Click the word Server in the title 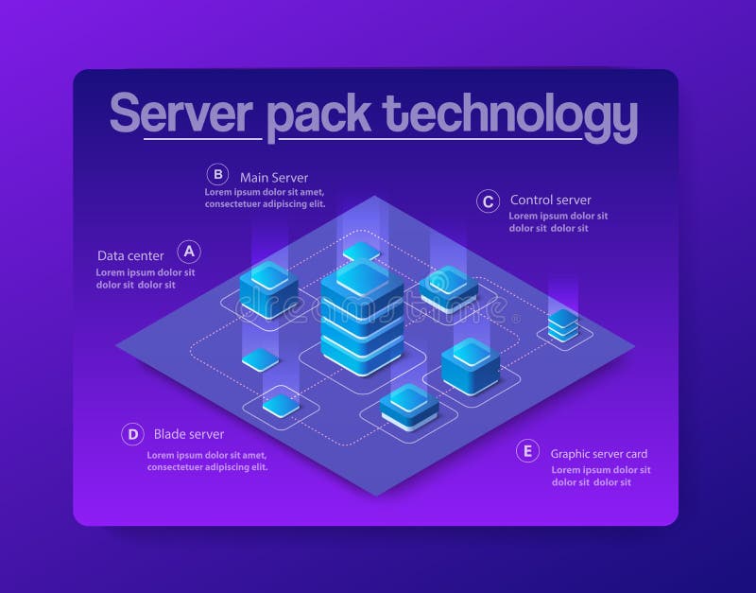point(182,113)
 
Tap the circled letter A point(190,252)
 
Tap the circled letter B point(218,174)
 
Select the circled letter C point(488,201)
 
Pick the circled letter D point(133,435)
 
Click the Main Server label point(274,177)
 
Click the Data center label point(130,255)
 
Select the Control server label point(550,200)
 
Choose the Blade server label point(189,434)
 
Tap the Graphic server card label point(599,454)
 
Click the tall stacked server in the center point(361,316)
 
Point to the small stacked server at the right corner point(563,324)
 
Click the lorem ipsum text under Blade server point(208,461)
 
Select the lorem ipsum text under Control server point(558,221)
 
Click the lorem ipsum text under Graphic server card point(600,476)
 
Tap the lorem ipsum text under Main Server point(266,197)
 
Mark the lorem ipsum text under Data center point(145,278)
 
